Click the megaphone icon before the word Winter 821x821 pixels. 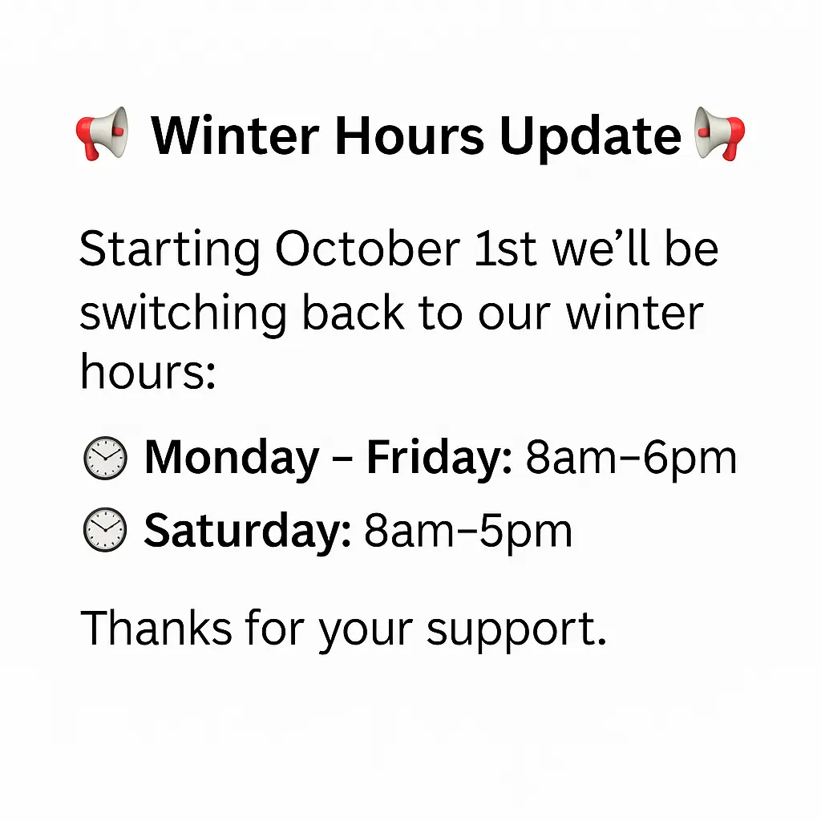(x=103, y=134)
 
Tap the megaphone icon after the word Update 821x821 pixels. (x=719, y=134)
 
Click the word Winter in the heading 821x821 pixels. (x=235, y=136)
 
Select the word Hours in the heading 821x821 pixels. (x=410, y=136)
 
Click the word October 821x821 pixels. (x=367, y=249)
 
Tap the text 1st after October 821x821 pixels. (x=505, y=249)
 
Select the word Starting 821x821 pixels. (x=170, y=252)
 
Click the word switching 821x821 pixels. (x=184, y=313)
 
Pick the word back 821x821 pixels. (x=354, y=312)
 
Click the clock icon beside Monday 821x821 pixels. (x=105, y=458)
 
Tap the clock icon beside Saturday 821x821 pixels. (x=105, y=529)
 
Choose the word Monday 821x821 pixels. (x=232, y=459)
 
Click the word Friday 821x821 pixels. (x=439, y=459)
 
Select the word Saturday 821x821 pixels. (x=247, y=532)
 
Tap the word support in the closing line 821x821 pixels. (x=516, y=631)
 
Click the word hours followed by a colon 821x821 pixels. (x=148, y=370)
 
